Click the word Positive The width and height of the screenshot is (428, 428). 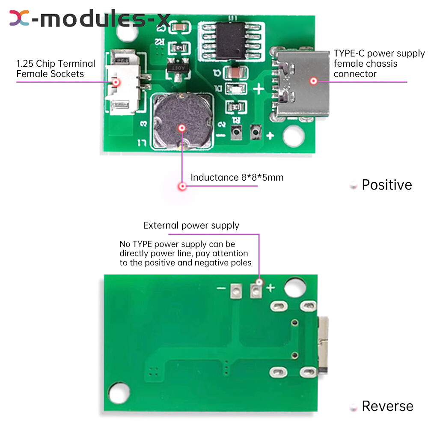tap(387, 185)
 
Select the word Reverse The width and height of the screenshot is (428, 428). tap(387, 406)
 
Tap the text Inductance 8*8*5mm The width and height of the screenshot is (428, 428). tap(237, 177)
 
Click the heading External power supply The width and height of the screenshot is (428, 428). tap(191, 226)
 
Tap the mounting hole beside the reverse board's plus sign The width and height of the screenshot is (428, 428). tap(293, 288)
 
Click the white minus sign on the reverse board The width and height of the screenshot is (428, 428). tap(221, 288)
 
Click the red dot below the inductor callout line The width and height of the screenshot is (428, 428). tap(182, 186)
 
